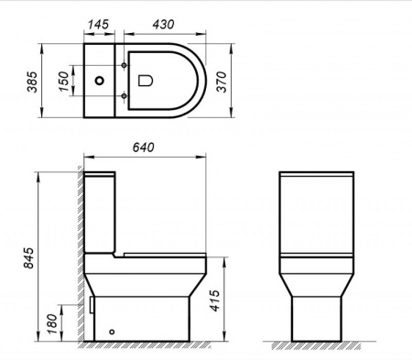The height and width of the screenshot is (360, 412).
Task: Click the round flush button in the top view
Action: click(x=97, y=81)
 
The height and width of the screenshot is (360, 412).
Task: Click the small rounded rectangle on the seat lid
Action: click(x=144, y=81)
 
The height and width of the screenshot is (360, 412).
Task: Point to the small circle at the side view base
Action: click(x=112, y=332)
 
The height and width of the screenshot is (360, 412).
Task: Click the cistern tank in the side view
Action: click(x=100, y=211)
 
